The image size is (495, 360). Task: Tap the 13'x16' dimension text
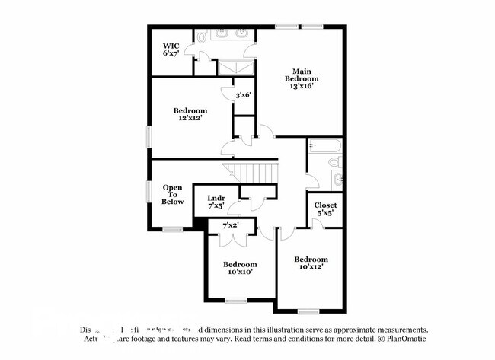coord(302,86)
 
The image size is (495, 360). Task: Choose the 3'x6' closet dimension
coord(243,94)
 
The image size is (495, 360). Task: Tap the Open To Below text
coord(172,195)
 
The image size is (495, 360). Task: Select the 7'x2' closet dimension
coord(231,225)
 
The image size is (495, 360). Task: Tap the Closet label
coord(326,205)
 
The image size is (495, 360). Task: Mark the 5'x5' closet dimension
coord(326,214)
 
